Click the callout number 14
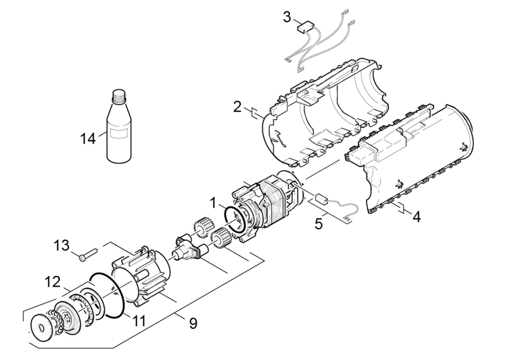point(88,139)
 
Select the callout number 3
point(286,17)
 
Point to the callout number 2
point(237,106)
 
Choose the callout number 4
point(417,216)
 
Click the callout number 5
point(319,224)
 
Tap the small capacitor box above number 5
point(322,198)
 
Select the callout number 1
point(213,203)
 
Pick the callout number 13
point(61,245)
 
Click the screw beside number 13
point(88,254)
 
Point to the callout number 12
point(53,281)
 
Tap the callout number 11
point(138,320)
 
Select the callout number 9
point(193,323)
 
